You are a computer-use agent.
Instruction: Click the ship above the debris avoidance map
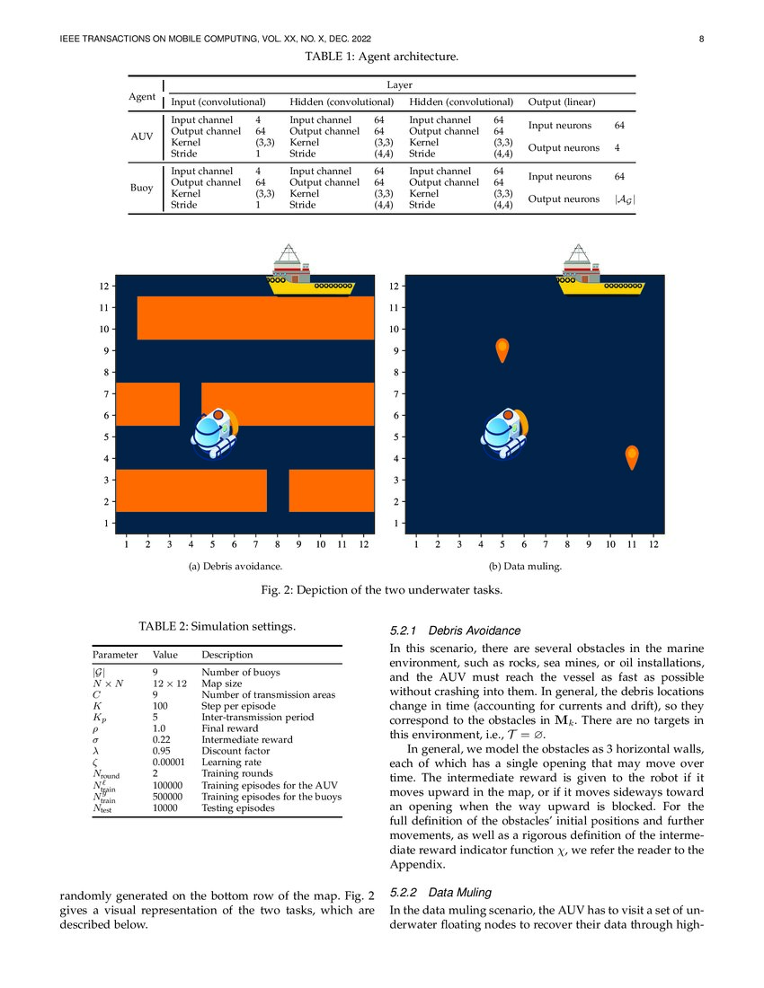click(312, 270)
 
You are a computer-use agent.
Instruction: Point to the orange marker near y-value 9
click(502, 350)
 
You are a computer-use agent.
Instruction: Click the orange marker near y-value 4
click(632, 456)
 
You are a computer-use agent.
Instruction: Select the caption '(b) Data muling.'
click(525, 567)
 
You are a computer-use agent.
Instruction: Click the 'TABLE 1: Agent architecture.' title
click(381, 57)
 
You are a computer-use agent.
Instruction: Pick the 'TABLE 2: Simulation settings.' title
click(216, 625)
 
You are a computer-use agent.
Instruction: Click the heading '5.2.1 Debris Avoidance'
click(455, 631)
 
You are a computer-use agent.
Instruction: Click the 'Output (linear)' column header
click(568, 101)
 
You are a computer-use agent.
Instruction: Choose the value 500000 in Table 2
click(167, 796)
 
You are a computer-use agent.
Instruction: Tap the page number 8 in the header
click(700, 39)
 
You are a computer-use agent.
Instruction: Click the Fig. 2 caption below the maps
click(381, 589)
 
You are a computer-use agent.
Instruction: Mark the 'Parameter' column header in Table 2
click(114, 655)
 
